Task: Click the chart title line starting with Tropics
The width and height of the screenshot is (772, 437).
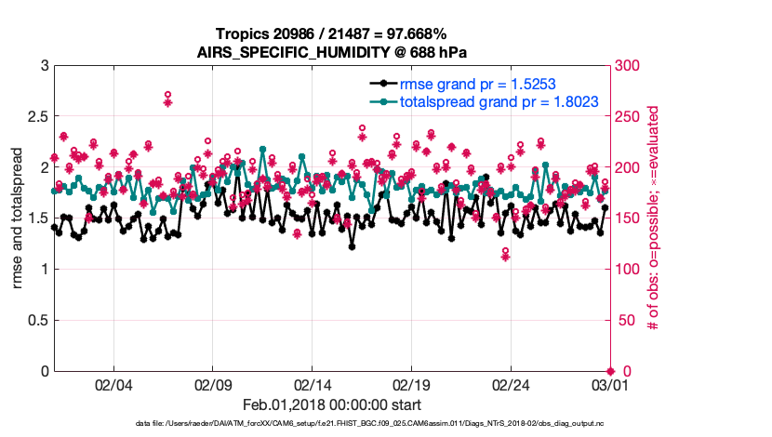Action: (331, 34)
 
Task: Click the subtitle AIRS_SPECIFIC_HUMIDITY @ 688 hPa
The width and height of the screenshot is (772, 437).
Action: (331, 52)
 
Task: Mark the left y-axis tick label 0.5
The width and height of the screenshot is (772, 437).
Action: (37, 320)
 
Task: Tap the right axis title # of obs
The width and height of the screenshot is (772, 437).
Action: (654, 218)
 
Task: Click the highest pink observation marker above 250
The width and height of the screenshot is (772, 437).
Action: (167, 96)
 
